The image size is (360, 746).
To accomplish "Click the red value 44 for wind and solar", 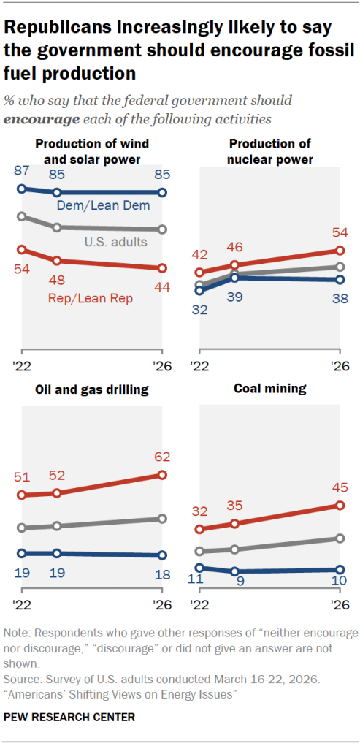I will (x=162, y=287).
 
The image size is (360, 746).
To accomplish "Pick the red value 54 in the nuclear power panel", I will (x=339, y=232).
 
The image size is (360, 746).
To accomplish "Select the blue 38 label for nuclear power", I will (x=339, y=298).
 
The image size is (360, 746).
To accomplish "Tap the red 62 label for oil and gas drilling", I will (x=162, y=457).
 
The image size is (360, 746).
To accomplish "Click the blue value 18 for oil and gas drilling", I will (x=162, y=574).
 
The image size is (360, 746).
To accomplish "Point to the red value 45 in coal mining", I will (x=339, y=487).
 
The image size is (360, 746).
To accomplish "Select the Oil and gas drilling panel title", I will (x=92, y=389).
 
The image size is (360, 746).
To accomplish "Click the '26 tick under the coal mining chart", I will (x=339, y=605).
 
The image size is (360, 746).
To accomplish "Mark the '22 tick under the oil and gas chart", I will (x=21, y=605).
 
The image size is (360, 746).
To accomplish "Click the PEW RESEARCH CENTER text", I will (x=69, y=717).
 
